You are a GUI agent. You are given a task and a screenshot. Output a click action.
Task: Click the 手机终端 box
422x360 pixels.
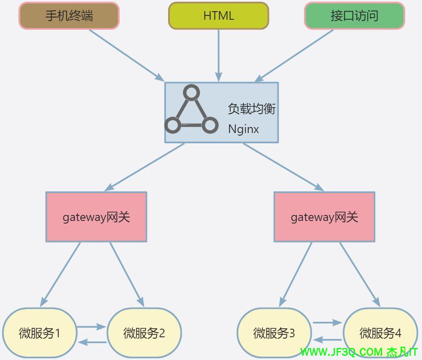[x=69, y=16]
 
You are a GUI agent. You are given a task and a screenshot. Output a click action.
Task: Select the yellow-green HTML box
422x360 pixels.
[x=218, y=16]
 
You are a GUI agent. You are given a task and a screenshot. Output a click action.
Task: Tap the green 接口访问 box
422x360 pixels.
[x=354, y=16]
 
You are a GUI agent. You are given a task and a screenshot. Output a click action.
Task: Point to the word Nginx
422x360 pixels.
[x=243, y=129]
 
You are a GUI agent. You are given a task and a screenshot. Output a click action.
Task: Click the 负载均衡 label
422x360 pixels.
[x=251, y=109]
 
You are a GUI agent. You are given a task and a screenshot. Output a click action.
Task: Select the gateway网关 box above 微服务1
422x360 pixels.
[x=96, y=217]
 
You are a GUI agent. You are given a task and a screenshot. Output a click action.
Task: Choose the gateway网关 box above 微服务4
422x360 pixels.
[x=324, y=217]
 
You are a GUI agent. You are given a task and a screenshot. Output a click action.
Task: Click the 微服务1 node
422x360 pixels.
[x=39, y=333]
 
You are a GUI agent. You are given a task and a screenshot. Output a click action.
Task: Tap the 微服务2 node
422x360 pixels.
[x=144, y=333]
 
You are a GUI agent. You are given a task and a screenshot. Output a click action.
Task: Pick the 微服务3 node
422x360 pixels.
[x=274, y=333]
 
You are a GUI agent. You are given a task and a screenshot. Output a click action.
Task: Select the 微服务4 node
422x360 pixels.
[x=380, y=333]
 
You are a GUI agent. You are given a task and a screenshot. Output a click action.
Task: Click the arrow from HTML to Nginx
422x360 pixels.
[x=218, y=56]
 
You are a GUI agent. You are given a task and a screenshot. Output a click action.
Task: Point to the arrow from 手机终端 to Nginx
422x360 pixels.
[x=127, y=55]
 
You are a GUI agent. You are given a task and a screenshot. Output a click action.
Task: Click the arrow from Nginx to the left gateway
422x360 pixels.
[x=145, y=167]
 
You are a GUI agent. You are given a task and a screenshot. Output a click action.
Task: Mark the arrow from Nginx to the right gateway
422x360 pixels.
[x=283, y=167]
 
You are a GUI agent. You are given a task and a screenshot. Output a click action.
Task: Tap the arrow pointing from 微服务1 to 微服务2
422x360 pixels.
[x=91, y=327]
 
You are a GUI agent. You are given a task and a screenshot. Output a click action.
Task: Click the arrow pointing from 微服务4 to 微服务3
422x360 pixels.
[x=328, y=340]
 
